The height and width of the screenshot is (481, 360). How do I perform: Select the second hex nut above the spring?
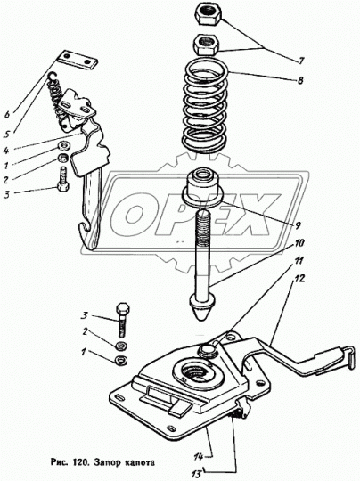(x=206, y=45)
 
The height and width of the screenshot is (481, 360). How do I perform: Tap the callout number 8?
(x=300, y=80)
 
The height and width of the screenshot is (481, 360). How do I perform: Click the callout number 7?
(x=301, y=61)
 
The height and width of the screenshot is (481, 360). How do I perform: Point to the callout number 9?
(x=298, y=226)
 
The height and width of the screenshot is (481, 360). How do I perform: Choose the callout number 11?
(x=299, y=261)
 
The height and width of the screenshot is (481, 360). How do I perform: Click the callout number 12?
(x=299, y=279)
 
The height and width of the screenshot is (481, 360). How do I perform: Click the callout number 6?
(x=7, y=115)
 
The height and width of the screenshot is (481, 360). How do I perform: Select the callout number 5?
(x=8, y=134)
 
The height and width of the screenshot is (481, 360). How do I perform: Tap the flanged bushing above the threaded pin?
(x=202, y=188)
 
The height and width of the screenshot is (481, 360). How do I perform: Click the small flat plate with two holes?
(x=78, y=61)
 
